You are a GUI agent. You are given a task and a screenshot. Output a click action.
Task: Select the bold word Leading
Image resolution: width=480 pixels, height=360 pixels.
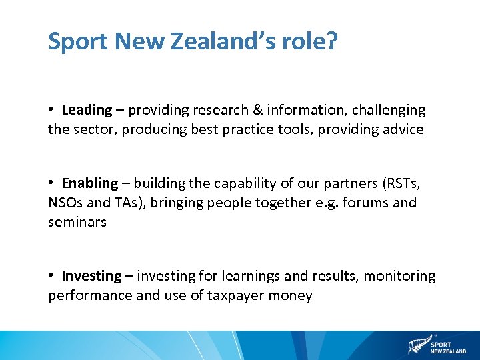(87, 110)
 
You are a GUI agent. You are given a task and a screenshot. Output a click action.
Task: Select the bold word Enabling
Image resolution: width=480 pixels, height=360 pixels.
(90, 183)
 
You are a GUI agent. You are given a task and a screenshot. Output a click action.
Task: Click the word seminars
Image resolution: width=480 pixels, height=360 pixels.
(77, 222)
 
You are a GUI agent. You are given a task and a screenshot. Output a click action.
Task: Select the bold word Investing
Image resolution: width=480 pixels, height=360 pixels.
(92, 276)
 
